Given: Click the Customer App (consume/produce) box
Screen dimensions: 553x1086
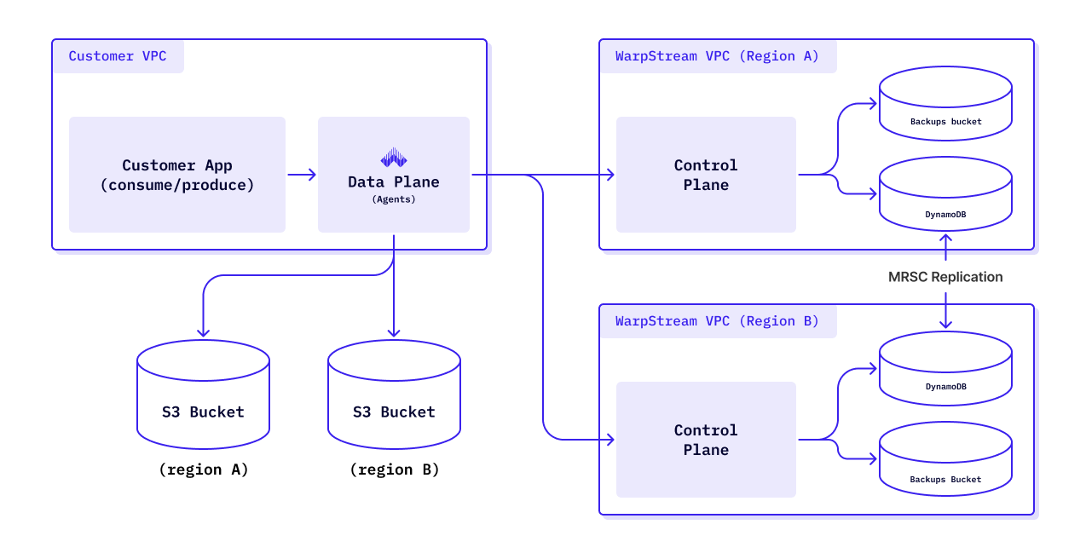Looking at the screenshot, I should click(x=177, y=175).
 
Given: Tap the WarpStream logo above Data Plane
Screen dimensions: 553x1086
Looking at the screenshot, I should click(x=394, y=158).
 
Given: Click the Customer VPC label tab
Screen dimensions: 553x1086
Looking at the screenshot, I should click(x=118, y=56).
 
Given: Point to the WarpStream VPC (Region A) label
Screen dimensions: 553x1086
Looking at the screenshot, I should click(x=717, y=56).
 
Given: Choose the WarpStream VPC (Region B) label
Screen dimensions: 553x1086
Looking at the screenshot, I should click(x=717, y=321).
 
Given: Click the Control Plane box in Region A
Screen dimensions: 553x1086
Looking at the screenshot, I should click(x=706, y=175).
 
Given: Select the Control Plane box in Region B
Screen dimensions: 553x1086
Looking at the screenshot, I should click(x=706, y=440).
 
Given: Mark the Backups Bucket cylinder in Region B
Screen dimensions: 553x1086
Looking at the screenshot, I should click(x=945, y=460).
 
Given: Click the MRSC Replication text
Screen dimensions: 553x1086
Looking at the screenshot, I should click(x=945, y=277).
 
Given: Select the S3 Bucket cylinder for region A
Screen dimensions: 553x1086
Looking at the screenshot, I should click(x=203, y=395).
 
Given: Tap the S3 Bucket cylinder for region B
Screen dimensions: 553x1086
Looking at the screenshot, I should click(x=394, y=395).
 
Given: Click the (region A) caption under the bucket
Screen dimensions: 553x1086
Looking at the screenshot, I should click(x=203, y=469).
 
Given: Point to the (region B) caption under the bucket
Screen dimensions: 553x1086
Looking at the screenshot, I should click(x=394, y=469).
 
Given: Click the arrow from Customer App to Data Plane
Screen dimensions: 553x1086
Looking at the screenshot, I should click(x=302, y=175).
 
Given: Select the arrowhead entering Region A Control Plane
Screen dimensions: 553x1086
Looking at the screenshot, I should click(x=609, y=175).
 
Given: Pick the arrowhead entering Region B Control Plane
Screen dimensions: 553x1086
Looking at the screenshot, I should click(x=609, y=440).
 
